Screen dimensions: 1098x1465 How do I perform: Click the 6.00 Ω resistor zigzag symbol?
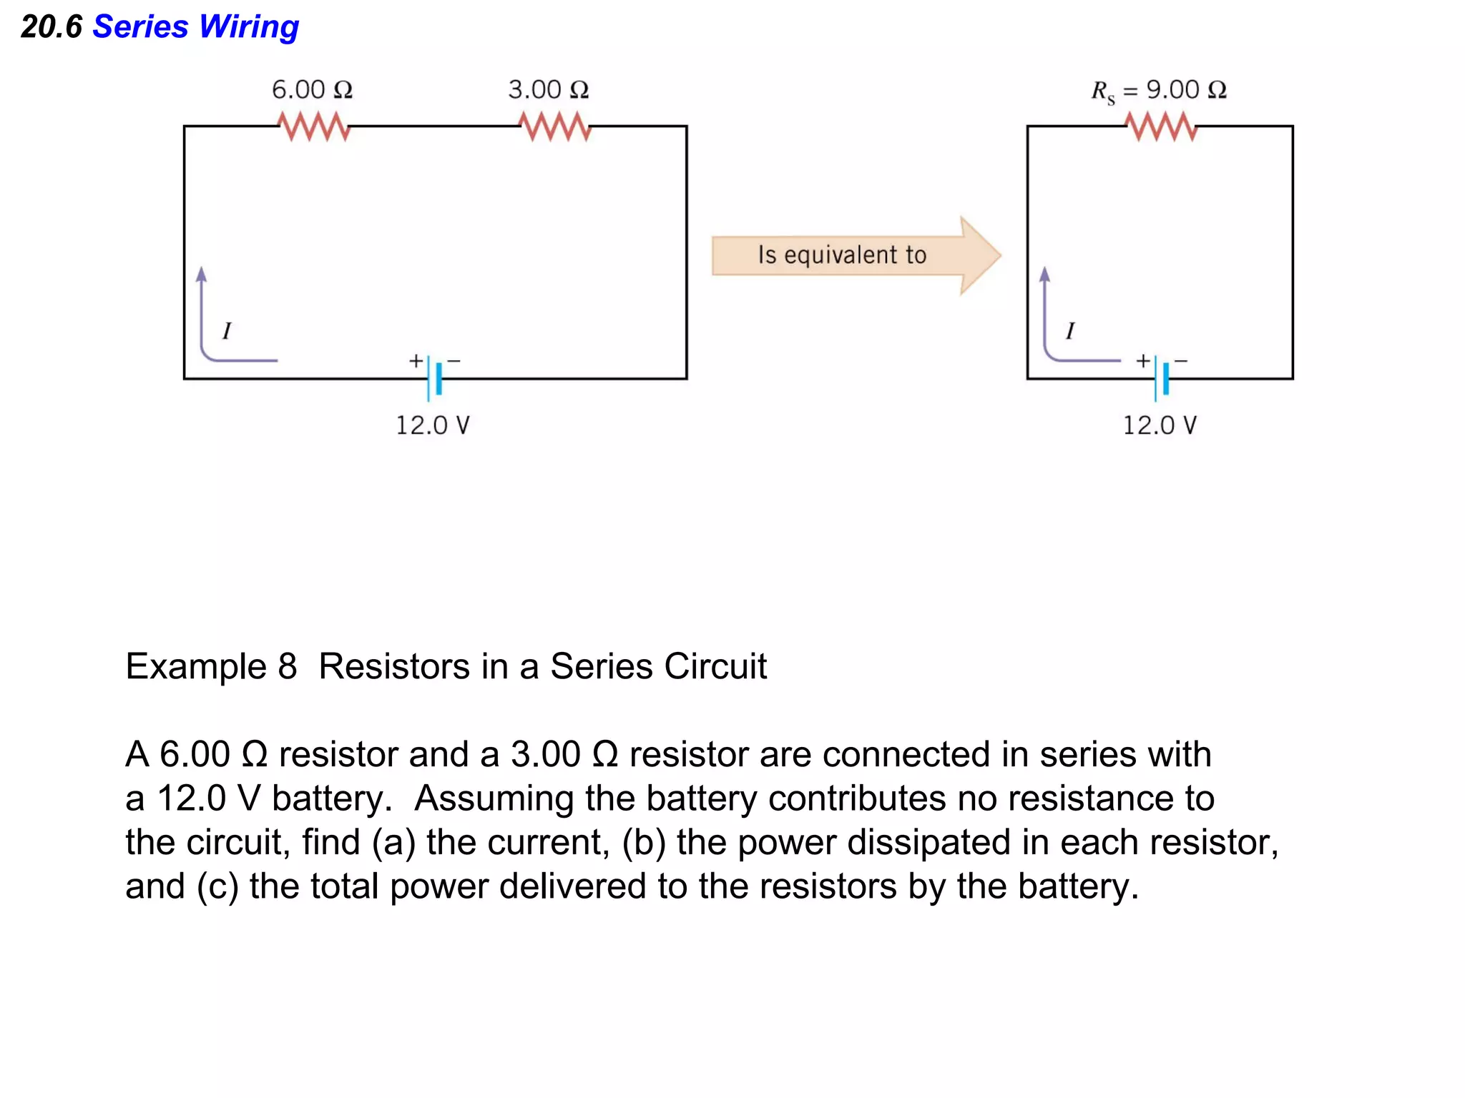click(313, 126)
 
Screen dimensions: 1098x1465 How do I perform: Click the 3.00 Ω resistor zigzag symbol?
click(554, 126)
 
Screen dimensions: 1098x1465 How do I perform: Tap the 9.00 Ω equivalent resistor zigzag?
click(1161, 126)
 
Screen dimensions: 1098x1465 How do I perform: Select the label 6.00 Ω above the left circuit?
click(312, 89)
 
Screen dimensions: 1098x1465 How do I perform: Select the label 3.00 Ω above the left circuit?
click(549, 89)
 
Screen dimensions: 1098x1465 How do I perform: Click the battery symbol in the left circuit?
click(434, 378)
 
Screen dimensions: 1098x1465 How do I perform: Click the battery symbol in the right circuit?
click(1161, 378)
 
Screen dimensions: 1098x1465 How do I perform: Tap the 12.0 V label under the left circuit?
click(433, 425)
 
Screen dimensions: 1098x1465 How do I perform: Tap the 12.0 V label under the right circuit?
click(1159, 425)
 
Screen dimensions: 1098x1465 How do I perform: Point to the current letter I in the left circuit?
click(227, 330)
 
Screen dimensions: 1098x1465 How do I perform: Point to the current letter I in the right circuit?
click(1069, 330)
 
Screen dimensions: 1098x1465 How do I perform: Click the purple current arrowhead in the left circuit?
click(202, 275)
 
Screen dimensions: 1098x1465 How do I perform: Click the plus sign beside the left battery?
click(415, 361)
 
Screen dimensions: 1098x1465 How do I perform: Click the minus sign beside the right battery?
click(1181, 361)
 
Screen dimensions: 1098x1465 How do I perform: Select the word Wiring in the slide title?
click(248, 27)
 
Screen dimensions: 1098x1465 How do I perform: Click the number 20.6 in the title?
click(52, 27)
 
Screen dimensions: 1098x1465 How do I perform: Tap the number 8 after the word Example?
click(287, 666)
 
